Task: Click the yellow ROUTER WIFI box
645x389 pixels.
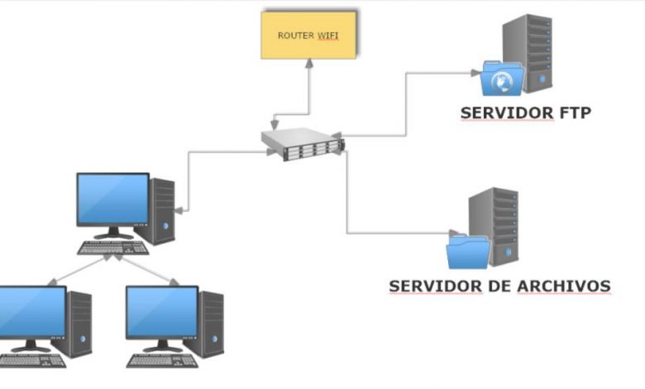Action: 309,35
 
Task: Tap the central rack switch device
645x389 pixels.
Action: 302,144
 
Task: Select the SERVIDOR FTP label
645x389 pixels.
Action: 526,113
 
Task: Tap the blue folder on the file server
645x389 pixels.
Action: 468,251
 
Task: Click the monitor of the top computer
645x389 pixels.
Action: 113,199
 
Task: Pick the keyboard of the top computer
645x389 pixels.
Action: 112,247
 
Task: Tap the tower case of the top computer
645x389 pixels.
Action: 163,211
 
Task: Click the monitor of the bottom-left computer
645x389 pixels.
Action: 31,312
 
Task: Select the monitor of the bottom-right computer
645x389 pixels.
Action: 161,312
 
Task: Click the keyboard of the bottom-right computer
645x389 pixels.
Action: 161,360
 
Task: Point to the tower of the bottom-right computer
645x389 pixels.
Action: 211,324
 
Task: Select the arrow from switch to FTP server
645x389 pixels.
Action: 405,103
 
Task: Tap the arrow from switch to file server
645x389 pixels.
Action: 347,199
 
